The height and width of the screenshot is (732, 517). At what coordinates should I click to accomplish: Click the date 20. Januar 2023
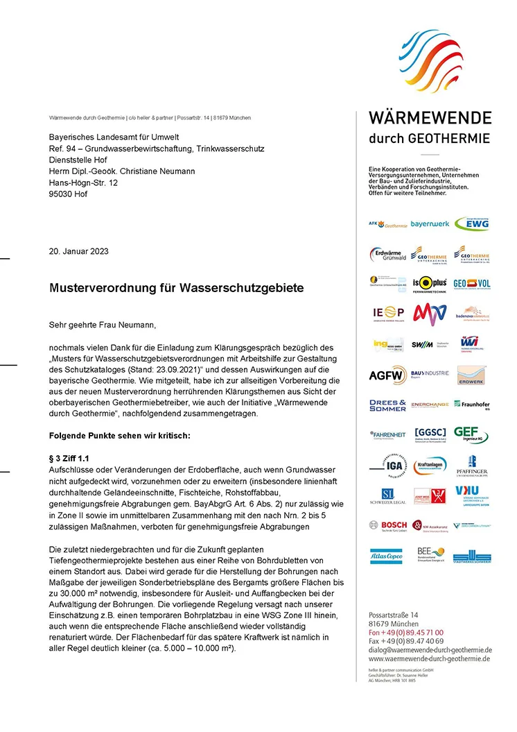[78, 251]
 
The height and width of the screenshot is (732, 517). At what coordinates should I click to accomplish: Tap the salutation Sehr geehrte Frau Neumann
[103, 324]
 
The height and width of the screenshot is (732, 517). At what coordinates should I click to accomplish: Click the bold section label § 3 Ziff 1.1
[69, 459]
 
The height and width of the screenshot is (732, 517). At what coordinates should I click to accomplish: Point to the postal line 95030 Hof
[68, 194]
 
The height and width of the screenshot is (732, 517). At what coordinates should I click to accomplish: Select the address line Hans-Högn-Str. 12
[83, 182]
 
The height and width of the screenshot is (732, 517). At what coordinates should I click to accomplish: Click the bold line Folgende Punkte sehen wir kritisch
[120, 436]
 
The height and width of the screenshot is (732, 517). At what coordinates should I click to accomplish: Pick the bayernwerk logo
[430, 224]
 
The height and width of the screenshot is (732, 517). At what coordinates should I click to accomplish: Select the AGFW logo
[387, 375]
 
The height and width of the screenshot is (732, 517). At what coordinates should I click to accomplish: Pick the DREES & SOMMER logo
[387, 405]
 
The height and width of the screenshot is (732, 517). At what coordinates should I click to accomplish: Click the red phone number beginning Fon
[406, 633]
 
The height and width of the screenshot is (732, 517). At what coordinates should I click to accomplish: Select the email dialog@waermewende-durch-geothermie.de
[430, 650]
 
